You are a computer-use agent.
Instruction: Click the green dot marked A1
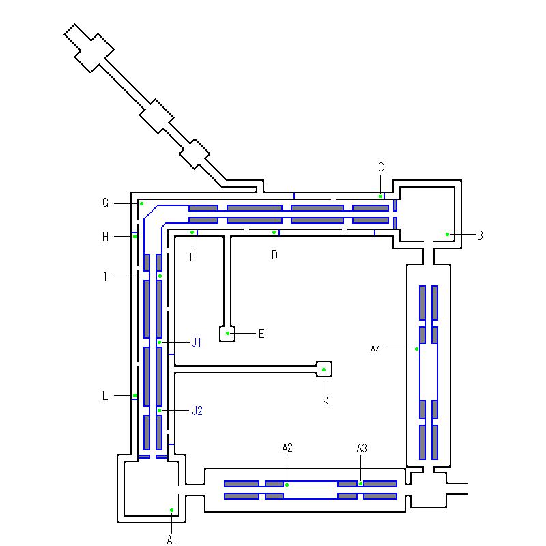pos(172,510)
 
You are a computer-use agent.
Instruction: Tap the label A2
pos(287,448)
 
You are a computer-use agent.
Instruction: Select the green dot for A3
pos(361,483)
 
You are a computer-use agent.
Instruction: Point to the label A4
pos(375,349)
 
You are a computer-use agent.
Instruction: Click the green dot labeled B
pos(448,234)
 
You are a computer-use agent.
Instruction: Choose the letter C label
pos(381,167)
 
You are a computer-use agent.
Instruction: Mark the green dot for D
pos(274,232)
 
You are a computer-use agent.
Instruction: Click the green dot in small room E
pos(228,333)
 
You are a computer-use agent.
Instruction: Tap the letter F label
pos(192,257)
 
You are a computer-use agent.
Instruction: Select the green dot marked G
pos(142,203)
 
